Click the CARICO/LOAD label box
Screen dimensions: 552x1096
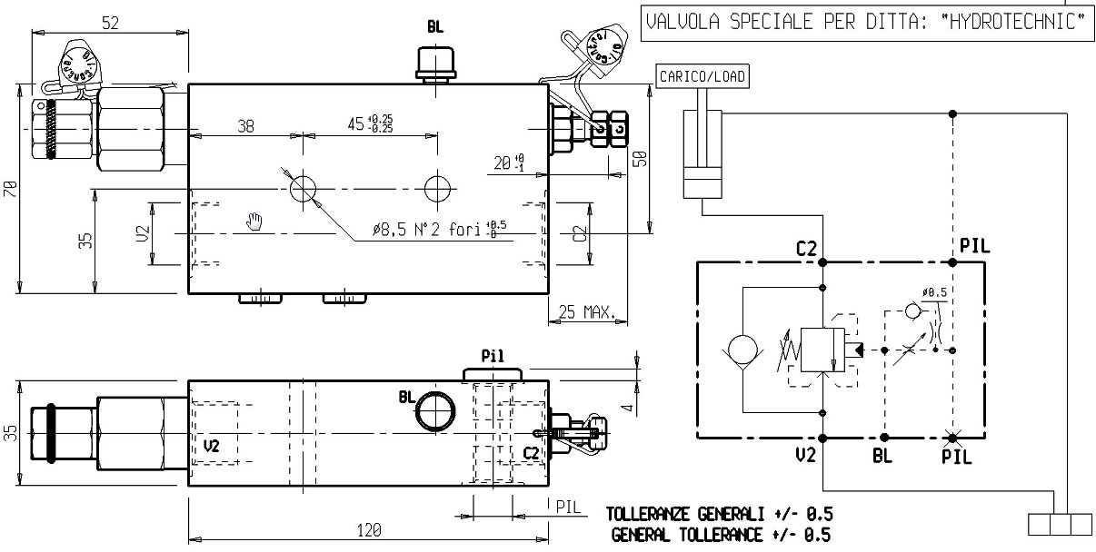pos(702,77)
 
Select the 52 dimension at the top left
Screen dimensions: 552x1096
pos(110,25)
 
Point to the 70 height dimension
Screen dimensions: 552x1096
pos(10,189)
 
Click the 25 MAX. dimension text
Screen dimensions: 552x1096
pos(586,313)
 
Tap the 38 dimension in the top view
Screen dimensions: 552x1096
pos(245,127)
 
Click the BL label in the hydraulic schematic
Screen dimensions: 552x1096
pos(882,457)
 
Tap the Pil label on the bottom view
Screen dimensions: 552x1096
pos(493,355)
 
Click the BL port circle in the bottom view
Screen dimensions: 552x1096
pos(434,409)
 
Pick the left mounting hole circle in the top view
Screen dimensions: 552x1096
pos(303,189)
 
